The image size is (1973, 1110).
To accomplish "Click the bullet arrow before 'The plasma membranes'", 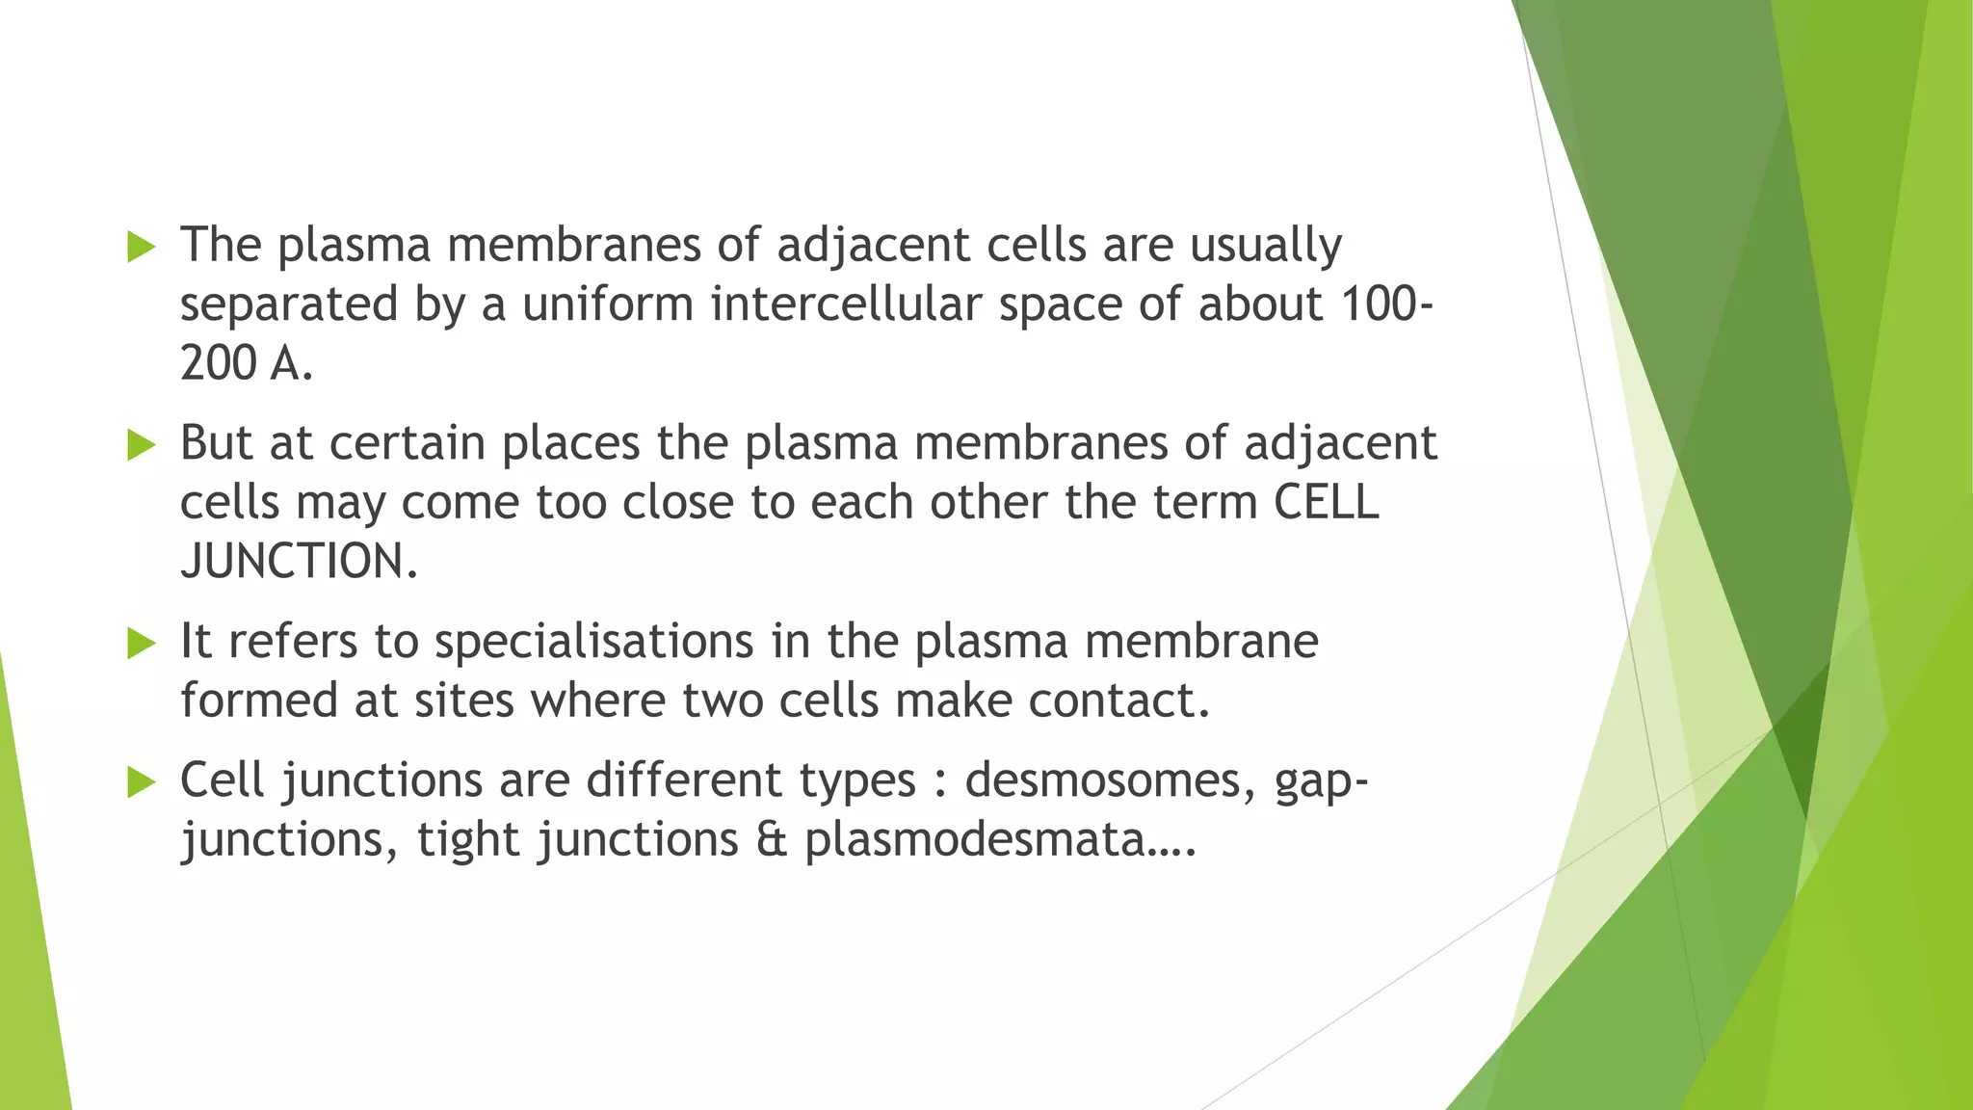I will (142, 247).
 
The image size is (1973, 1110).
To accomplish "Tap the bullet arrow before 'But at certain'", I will (142, 445).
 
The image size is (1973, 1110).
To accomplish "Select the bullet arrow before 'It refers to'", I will (142, 644).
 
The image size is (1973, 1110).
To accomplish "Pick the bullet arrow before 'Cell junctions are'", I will (142, 782).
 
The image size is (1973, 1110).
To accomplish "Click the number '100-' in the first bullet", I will (1386, 304).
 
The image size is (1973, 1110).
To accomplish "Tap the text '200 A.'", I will (247, 364).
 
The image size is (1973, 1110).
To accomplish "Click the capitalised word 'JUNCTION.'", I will (300, 562).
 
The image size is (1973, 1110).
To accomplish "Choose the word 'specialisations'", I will (593, 642).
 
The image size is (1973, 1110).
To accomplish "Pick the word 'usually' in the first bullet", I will (1266, 247).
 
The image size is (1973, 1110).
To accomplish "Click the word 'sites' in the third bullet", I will (464, 700).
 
